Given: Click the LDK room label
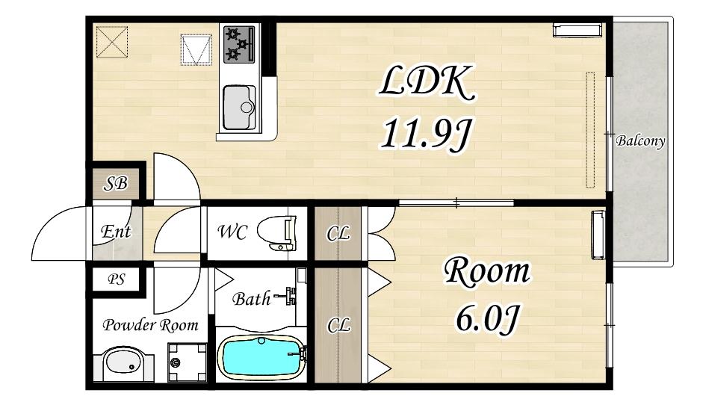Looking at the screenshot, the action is pyautogui.click(x=427, y=84).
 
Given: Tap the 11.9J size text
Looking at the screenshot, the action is pyautogui.click(x=426, y=133).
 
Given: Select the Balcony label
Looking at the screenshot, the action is pyautogui.click(x=640, y=141).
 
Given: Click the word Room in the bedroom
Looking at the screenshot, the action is pyautogui.click(x=487, y=272).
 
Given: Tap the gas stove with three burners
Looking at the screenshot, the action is pyautogui.click(x=239, y=44).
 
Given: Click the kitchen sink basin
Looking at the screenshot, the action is pyautogui.click(x=239, y=107).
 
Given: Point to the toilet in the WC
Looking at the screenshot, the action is pyautogui.click(x=277, y=233).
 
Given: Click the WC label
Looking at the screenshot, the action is pyautogui.click(x=232, y=232).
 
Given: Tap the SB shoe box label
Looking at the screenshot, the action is pyautogui.click(x=115, y=183).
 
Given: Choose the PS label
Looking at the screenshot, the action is pyautogui.click(x=116, y=279).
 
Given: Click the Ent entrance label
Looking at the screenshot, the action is pyautogui.click(x=116, y=232).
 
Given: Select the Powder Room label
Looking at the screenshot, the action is pyautogui.click(x=150, y=325).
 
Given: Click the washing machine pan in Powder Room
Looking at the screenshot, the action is pyautogui.click(x=188, y=362).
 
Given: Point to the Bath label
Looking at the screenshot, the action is pyautogui.click(x=251, y=298).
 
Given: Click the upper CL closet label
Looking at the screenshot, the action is pyautogui.click(x=338, y=233).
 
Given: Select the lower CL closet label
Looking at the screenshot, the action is pyautogui.click(x=338, y=325).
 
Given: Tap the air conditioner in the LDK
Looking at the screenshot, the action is pyautogui.click(x=577, y=30).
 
